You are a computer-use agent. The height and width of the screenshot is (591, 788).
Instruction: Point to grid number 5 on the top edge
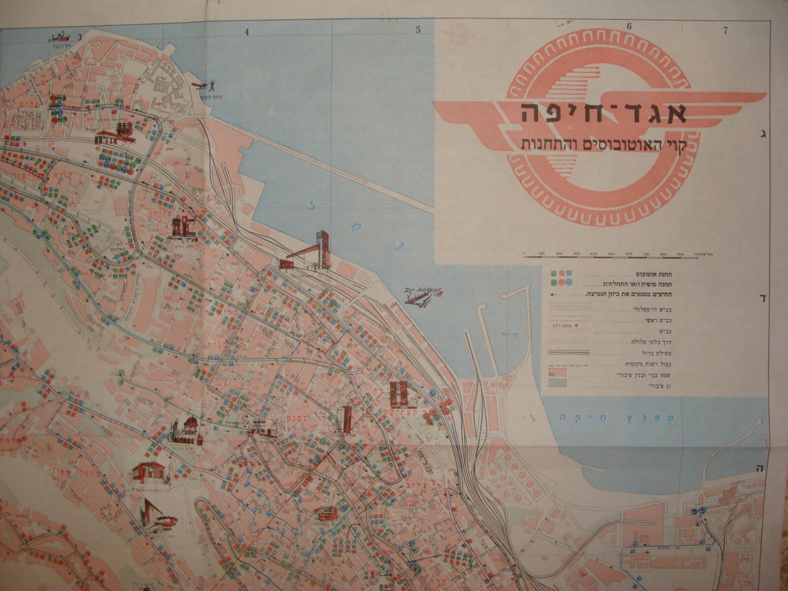[418, 31]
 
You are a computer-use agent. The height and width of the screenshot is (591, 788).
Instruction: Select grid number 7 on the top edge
[725, 31]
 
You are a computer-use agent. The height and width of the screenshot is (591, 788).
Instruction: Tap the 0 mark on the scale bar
[524, 254]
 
